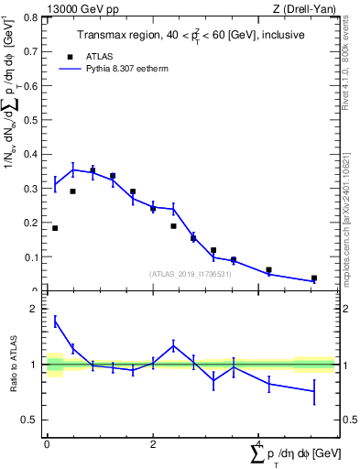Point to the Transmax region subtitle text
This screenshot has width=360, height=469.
[x=184, y=35]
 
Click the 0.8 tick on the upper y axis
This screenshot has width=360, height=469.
[x=32, y=17]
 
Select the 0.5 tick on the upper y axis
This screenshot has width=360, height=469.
[x=32, y=120]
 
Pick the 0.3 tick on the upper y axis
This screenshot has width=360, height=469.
[x=32, y=189]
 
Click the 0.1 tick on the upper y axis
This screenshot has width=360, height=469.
[x=32, y=257]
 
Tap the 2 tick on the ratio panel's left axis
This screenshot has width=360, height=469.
[x=38, y=310]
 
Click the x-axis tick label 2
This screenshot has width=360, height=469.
[x=152, y=444]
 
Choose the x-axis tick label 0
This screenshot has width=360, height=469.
[x=47, y=444]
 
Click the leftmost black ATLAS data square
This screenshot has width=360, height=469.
[x=55, y=228]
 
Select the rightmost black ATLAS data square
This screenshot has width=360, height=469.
[x=314, y=278]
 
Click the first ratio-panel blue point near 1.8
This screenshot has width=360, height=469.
[x=55, y=321]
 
